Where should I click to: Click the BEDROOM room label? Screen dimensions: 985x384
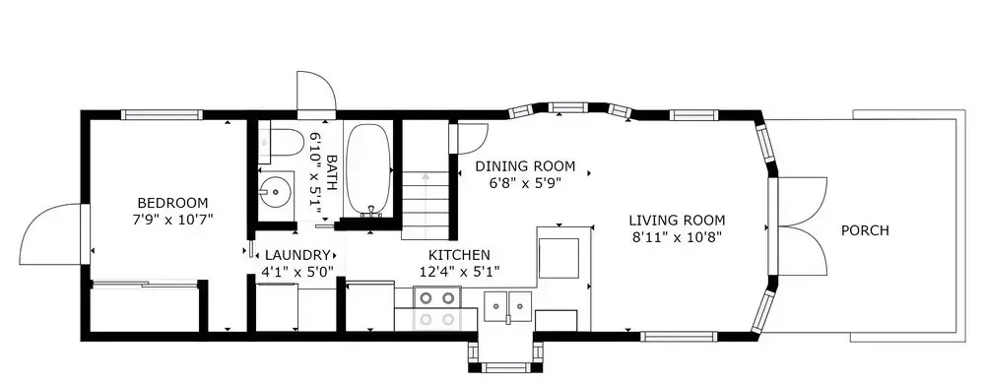(172, 203)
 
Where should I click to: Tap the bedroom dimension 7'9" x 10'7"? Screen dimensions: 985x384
(172, 220)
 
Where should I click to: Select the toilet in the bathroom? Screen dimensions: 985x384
(282, 143)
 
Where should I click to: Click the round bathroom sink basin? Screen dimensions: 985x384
(276, 188)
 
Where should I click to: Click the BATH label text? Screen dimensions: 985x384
(331, 172)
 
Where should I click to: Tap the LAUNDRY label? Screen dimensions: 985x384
(297, 255)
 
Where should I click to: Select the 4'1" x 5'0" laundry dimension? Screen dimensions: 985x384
(297, 272)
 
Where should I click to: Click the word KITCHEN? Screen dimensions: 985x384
(459, 255)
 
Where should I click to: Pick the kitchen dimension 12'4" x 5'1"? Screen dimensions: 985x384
(459, 272)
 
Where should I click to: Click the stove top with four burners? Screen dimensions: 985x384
(436, 308)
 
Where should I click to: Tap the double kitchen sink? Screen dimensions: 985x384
(507, 307)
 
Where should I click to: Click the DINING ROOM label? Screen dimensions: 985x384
(525, 166)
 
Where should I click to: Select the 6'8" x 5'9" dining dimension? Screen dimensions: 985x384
(525, 183)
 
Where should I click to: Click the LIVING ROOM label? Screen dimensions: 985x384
(678, 221)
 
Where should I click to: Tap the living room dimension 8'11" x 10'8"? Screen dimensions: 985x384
(678, 237)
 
